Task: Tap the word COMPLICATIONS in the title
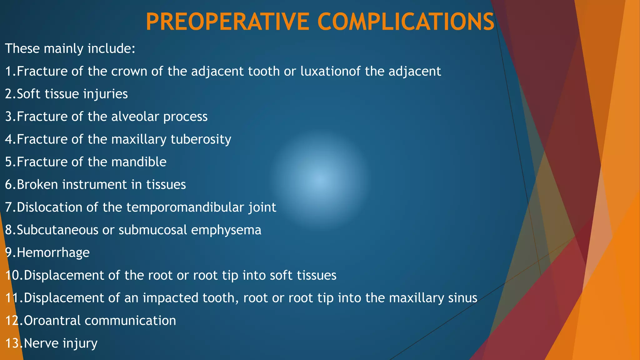406,22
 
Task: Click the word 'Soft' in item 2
29,94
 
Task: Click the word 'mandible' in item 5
139,162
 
